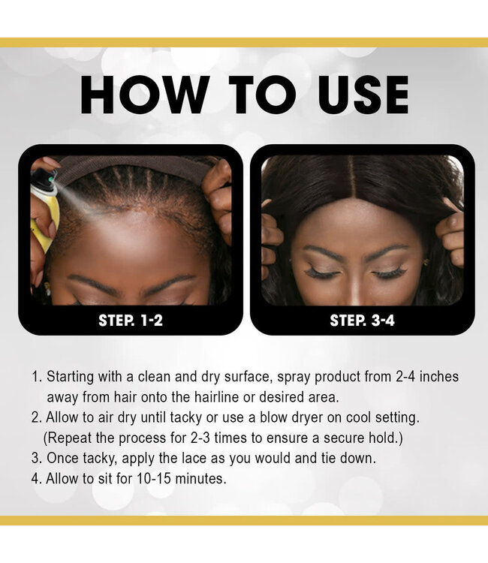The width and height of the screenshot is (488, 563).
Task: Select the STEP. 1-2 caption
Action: tap(131, 321)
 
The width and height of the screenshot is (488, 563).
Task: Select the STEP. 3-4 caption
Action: tap(362, 321)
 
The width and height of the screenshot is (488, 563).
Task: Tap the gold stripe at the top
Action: tap(244, 43)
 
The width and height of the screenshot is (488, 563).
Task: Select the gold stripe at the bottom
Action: tap(244, 520)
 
